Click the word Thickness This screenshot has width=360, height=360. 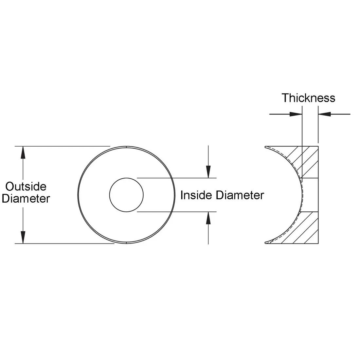click(308, 98)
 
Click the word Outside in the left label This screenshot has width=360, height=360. click(26, 187)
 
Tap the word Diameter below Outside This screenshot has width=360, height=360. click(26, 199)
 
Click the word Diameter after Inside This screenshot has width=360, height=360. click(240, 195)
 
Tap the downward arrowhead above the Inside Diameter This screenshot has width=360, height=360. click(208, 172)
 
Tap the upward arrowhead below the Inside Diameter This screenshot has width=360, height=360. click(208, 218)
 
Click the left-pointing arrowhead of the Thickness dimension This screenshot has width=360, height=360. click(324, 114)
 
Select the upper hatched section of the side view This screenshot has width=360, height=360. click(306, 162)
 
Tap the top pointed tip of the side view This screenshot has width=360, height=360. click(265, 147)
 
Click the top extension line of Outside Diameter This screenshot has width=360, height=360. click(62, 146)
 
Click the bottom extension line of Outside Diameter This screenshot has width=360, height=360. click(62, 243)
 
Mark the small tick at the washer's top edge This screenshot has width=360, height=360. click(126, 147)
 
